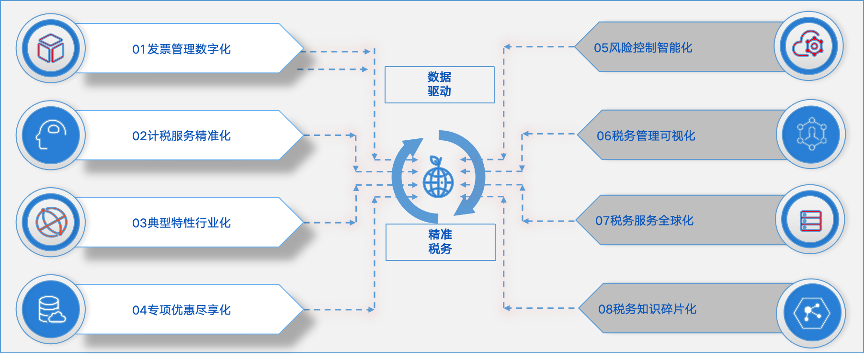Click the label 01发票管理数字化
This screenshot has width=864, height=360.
click(182, 49)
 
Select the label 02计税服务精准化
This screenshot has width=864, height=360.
click(182, 136)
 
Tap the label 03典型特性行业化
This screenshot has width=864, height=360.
click(182, 223)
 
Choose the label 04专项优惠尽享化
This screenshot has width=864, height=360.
click(182, 310)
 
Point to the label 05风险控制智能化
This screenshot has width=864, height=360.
click(643, 48)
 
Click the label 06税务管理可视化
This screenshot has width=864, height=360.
click(646, 136)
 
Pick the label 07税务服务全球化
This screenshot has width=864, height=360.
click(644, 221)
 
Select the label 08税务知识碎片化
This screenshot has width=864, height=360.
click(647, 309)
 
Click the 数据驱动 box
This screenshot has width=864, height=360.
click(439, 85)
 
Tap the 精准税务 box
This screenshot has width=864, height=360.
click(440, 242)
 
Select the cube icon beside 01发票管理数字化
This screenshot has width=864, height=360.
click(51, 48)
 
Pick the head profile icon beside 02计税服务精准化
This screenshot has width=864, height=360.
click(51, 135)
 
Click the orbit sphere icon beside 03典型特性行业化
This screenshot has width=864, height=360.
click(51, 222)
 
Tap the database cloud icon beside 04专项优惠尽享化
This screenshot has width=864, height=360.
click(51, 310)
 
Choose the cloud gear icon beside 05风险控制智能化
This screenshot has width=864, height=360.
click(808, 45)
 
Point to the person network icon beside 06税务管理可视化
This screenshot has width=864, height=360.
click(811, 134)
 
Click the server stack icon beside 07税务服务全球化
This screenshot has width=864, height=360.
click(810, 220)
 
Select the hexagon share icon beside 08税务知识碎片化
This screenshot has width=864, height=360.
click(811, 314)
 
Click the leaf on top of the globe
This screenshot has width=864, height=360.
click(435, 161)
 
